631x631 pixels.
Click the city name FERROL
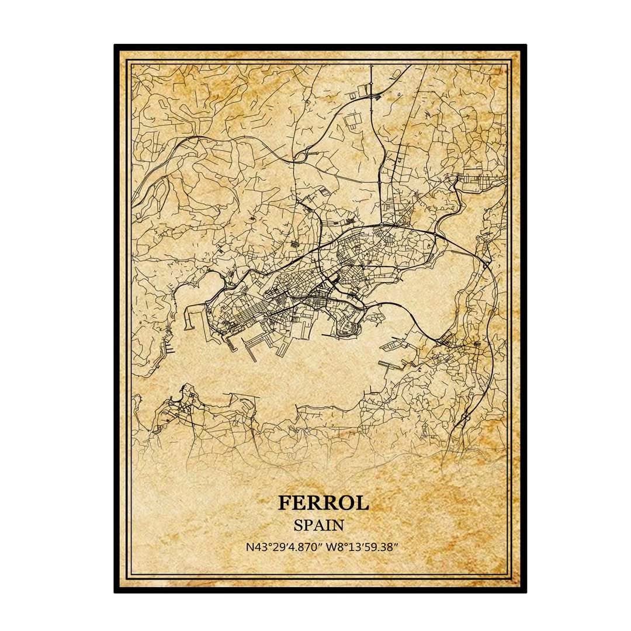pyautogui.click(x=323, y=502)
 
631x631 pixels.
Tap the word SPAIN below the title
pyautogui.click(x=318, y=525)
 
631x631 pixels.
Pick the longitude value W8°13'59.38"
pyautogui.click(x=362, y=547)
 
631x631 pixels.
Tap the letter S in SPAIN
pyautogui.click(x=298, y=525)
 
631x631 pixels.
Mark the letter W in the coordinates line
pyautogui.click(x=331, y=547)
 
